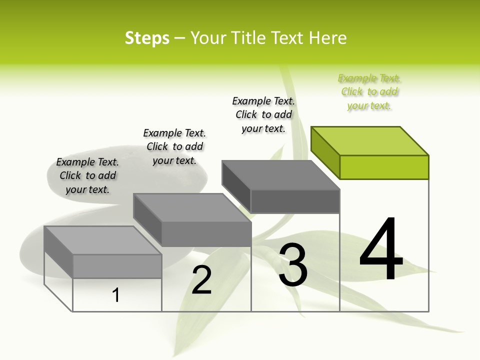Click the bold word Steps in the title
point(147,38)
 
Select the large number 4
point(381,250)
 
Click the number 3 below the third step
point(293,265)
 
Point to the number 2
point(201,280)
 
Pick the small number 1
point(116,295)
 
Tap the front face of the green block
point(384,167)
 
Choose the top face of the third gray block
point(280,175)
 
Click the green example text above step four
point(369,92)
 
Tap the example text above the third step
point(263,114)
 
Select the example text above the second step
point(174,146)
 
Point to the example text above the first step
point(87,175)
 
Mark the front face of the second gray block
point(206,234)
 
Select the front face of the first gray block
point(117,266)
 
